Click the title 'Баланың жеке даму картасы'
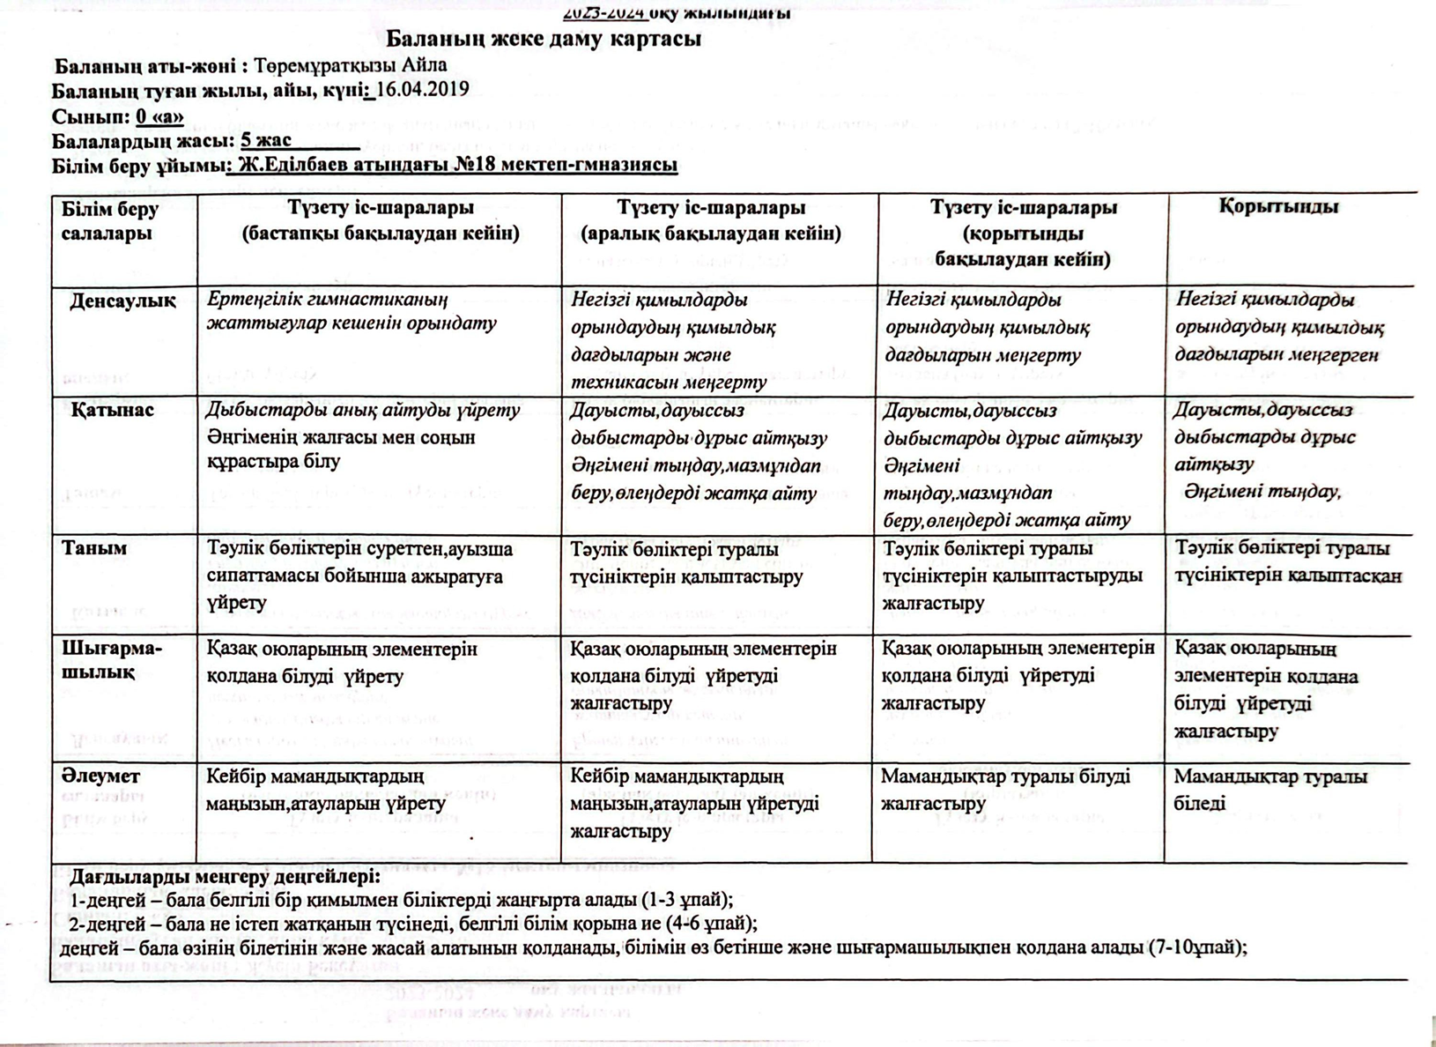point(544,40)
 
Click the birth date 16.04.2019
point(422,89)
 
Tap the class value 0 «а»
point(159,116)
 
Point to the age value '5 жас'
point(266,140)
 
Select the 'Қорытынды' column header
point(1278,207)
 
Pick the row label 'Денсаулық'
point(122,301)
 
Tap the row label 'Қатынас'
point(113,410)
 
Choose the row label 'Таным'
point(94,548)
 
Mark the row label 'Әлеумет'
point(100,776)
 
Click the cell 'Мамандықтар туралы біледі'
point(1269,790)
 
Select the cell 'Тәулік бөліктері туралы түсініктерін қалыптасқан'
point(1286,562)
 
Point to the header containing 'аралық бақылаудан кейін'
point(711,234)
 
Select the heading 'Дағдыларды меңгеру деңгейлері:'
point(226,877)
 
